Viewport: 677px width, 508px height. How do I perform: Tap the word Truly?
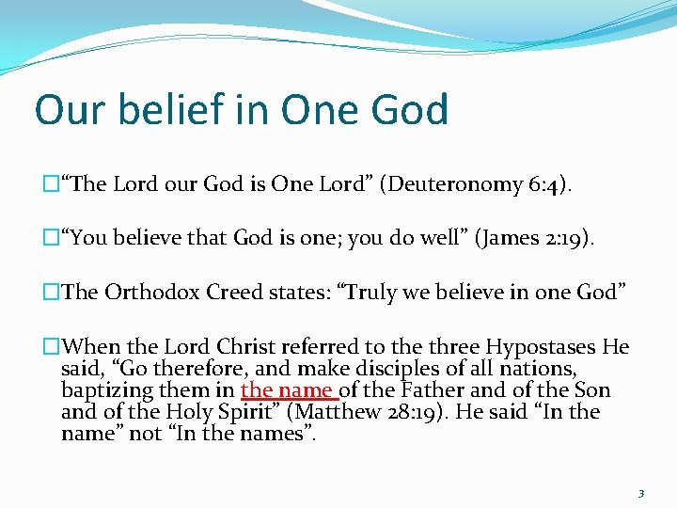375,292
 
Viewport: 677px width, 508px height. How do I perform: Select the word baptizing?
102,389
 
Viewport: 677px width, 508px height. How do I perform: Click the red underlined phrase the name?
288,389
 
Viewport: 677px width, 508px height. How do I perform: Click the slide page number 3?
639,493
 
